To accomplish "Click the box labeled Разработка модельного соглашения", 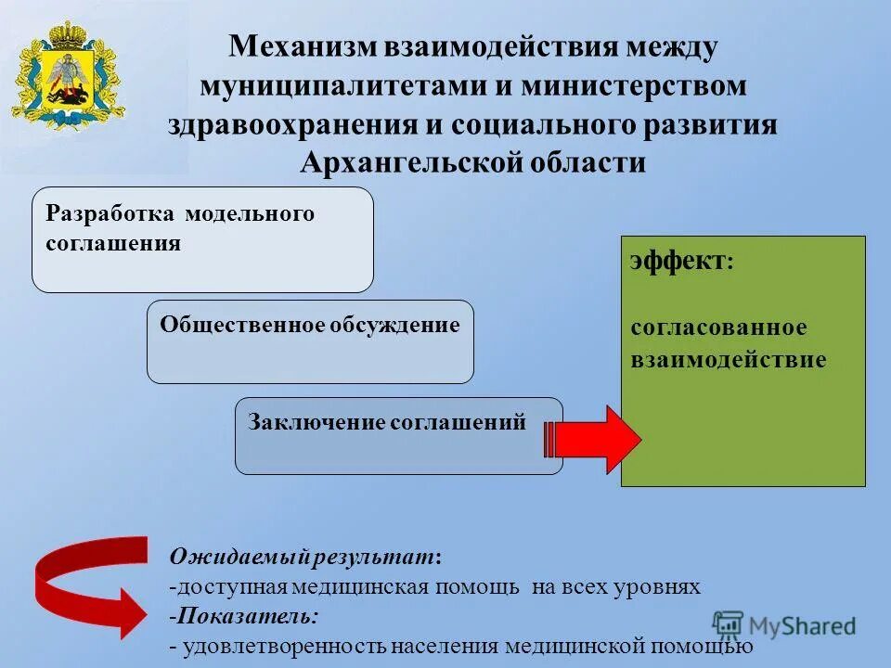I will tap(202, 239).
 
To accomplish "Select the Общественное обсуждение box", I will tap(310, 341).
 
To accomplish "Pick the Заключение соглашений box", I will tap(398, 435).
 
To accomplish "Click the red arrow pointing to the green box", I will tap(593, 439).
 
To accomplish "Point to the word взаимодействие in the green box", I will tap(728, 359).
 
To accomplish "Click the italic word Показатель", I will tap(247, 615).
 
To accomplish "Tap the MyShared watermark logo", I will tap(785, 624).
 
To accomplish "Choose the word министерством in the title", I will tap(634, 85).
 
